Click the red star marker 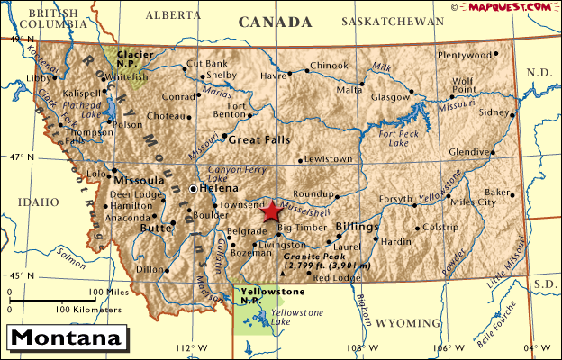click(271, 211)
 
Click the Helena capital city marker click(193, 189)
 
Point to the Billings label click(357, 227)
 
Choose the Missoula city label click(139, 179)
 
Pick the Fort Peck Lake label click(399, 138)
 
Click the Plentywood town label click(466, 55)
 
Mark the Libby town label click(39, 78)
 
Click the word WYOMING click(404, 321)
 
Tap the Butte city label click(156, 229)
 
